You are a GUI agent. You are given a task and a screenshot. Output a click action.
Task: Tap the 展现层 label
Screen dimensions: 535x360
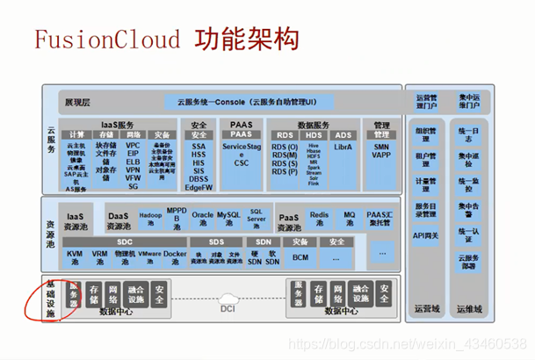77,103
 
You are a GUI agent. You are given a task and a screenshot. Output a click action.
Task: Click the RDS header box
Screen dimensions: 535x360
284,134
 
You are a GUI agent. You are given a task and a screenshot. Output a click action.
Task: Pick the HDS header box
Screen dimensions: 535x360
314,134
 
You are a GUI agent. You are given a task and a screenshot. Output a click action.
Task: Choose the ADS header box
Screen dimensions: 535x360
343,134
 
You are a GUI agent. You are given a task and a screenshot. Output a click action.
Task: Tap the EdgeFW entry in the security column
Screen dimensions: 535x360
199,187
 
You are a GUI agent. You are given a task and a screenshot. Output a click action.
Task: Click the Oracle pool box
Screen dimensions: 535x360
202,217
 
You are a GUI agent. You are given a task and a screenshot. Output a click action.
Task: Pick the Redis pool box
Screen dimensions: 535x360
319,217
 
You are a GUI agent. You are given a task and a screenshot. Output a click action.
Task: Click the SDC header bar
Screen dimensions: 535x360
125,241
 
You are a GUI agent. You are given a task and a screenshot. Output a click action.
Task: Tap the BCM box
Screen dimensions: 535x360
301,257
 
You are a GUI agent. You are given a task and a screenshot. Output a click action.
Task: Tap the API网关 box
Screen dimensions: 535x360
426,235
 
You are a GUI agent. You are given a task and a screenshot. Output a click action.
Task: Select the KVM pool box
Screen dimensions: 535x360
75,257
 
